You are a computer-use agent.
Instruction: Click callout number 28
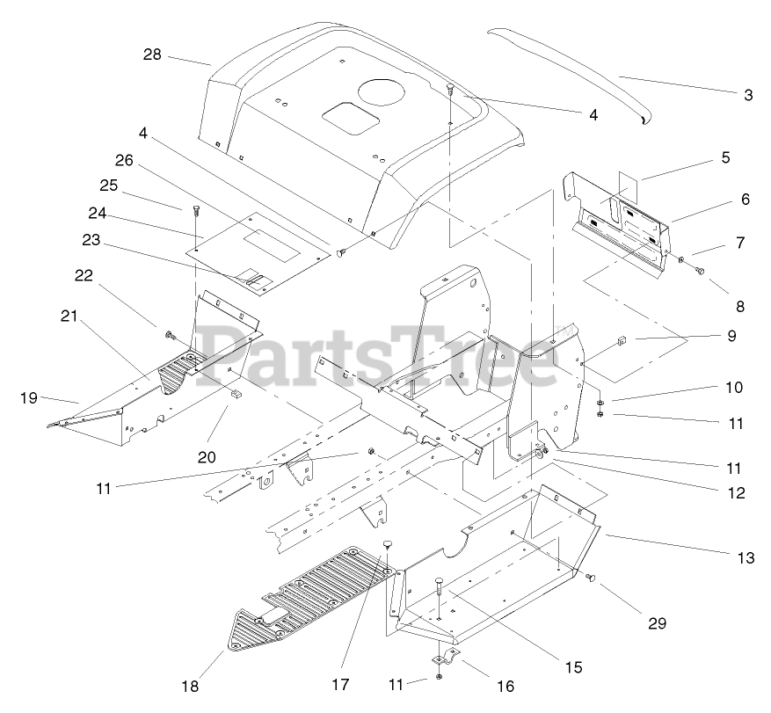(x=153, y=55)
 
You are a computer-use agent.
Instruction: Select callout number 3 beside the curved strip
(x=747, y=96)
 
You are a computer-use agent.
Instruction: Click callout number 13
(x=746, y=557)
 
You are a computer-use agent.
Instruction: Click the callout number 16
(x=505, y=685)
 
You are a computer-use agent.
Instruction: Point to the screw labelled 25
(x=195, y=210)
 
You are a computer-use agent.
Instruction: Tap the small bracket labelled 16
(x=445, y=659)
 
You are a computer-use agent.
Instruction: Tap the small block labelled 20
(x=235, y=396)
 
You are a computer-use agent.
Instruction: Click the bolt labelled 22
(x=169, y=334)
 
